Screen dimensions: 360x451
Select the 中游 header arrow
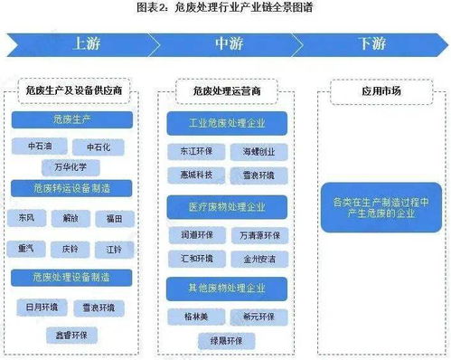coord(226,43)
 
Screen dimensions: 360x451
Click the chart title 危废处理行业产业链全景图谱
coord(225,8)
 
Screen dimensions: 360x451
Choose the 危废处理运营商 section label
coord(226,90)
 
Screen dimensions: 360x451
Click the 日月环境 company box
coord(41,306)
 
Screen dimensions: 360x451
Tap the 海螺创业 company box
coord(257,151)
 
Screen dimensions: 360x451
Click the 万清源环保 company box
coord(257,233)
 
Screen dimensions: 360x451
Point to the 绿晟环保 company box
coord(225,341)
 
